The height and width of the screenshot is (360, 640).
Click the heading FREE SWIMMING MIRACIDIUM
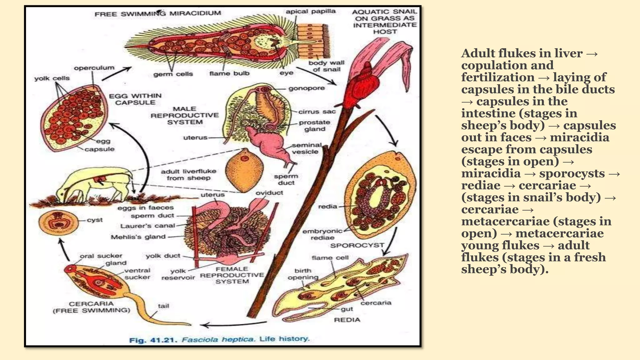click(x=158, y=14)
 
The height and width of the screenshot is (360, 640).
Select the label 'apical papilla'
click(x=310, y=12)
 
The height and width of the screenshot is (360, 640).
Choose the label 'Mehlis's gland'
click(x=138, y=237)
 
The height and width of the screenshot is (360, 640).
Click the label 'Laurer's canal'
click(x=147, y=226)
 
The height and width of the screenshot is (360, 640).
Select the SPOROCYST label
click(x=357, y=246)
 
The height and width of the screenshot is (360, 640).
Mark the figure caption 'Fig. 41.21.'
click(x=153, y=340)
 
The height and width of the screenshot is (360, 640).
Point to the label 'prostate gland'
click(x=314, y=126)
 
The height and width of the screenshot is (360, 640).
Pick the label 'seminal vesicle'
click(x=307, y=148)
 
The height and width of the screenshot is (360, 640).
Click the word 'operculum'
click(x=94, y=68)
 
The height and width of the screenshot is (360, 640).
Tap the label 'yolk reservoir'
click(x=178, y=274)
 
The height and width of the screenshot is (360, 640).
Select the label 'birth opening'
click(x=303, y=274)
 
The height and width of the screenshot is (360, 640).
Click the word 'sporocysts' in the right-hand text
click(x=572, y=173)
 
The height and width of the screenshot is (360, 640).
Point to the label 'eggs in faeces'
click(x=146, y=208)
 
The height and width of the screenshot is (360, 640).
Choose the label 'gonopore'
click(x=307, y=88)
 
